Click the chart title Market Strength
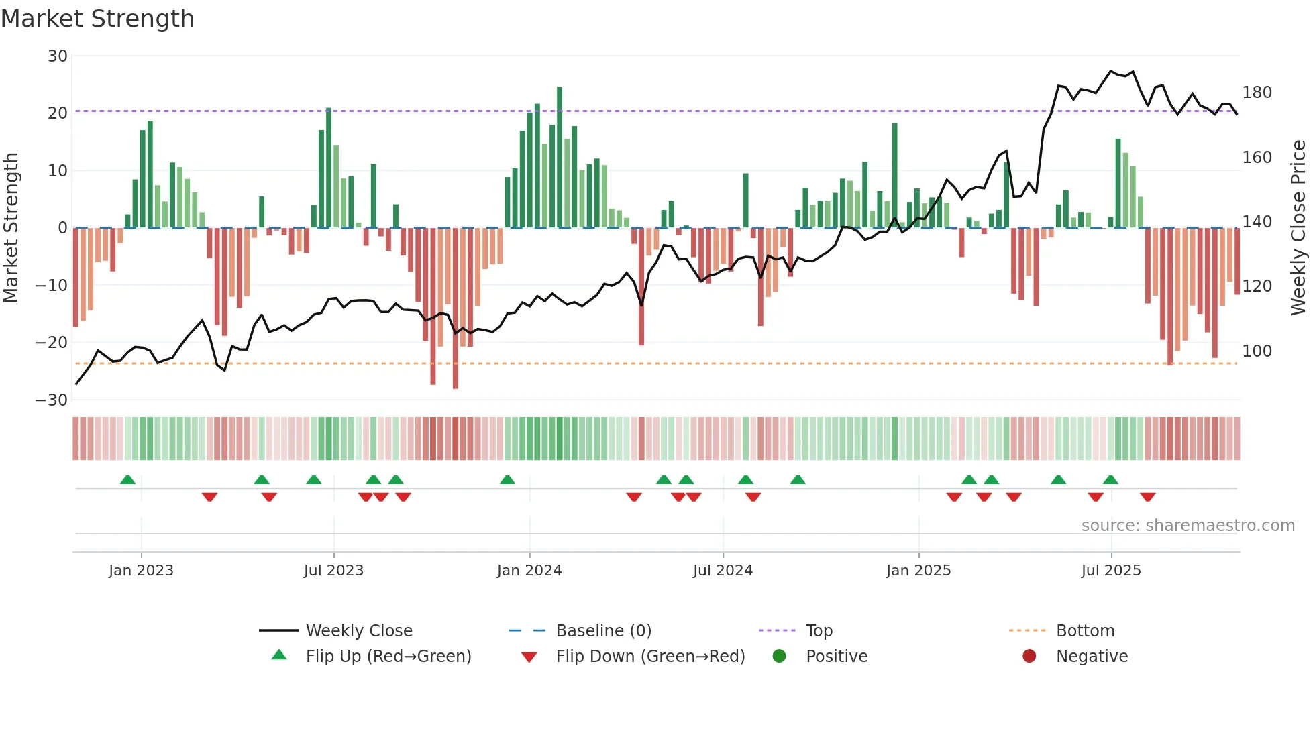pos(97,19)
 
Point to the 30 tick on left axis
pos(58,56)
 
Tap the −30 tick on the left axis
pos(52,400)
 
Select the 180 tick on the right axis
pos(1257,93)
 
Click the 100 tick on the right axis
pos(1257,351)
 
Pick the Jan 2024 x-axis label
pos(529,571)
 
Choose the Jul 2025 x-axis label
pos(1111,571)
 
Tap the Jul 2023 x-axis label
pos(333,571)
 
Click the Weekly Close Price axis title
pos(1298,228)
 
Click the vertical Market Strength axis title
pos(11,228)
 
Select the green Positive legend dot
pos(779,656)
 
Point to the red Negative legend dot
pos(1029,656)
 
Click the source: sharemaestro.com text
pos(1188,526)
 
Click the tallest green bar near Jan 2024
pos(560,157)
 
